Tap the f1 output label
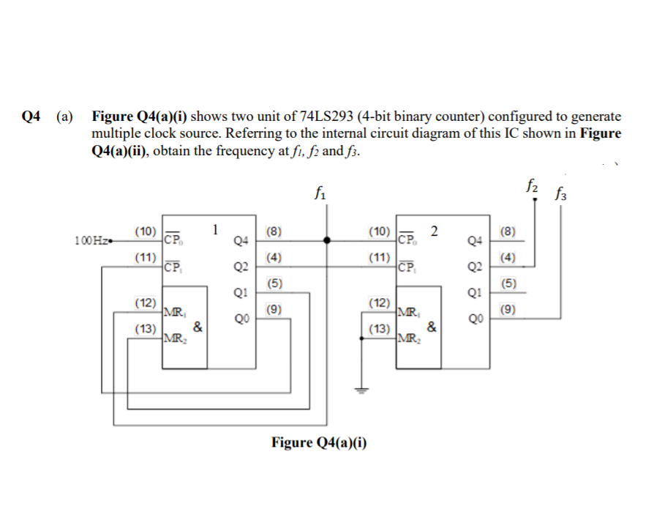(x=319, y=194)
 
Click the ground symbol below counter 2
(x=359, y=390)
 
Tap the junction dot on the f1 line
(x=327, y=240)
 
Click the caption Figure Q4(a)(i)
(x=319, y=442)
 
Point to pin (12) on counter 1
(x=144, y=303)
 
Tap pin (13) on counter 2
(x=379, y=329)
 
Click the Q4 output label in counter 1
(x=242, y=240)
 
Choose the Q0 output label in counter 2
(x=476, y=319)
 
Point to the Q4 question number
(x=31, y=117)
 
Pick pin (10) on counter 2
(x=379, y=232)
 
